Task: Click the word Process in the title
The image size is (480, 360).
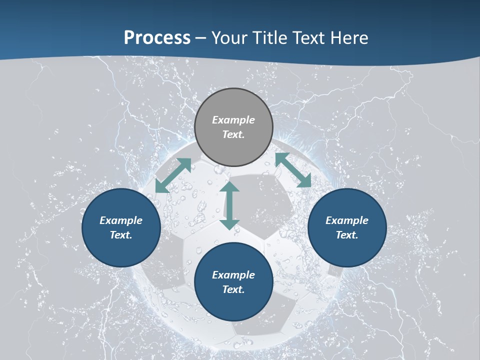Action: point(157,38)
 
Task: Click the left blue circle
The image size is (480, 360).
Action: point(121,227)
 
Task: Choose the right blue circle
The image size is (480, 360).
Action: point(347,227)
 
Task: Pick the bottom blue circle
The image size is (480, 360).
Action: point(233,282)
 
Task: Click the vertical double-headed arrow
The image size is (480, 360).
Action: point(229,205)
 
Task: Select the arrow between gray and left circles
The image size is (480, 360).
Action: point(173,175)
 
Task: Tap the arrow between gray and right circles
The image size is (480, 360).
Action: point(293,170)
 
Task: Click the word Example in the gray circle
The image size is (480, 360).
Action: point(233,120)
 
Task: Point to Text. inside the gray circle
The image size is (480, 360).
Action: point(233,134)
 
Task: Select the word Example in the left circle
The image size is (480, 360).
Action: point(121,220)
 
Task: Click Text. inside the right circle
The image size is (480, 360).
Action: point(347,235)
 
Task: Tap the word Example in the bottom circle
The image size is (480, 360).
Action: point(233,275)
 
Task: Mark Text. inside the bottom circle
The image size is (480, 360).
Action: point(233,289)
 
